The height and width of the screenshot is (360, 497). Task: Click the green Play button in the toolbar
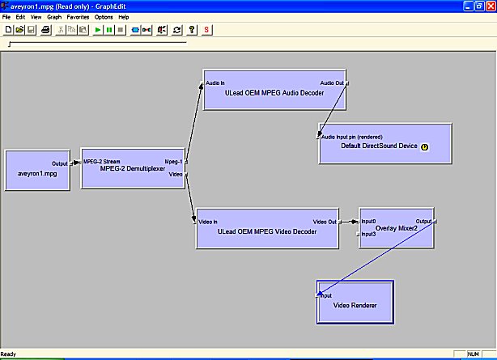(98, 30)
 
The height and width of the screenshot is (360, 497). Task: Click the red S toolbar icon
(206, 30)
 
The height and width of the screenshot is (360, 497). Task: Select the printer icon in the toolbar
(46, 30)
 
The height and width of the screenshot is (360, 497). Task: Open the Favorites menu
(78, 17)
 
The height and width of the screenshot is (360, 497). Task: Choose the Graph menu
(54, 17)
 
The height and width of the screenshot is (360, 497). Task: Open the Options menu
(104, 17)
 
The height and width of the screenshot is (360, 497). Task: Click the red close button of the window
(491, 6)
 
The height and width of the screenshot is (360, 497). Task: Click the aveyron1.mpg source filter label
(37, 174)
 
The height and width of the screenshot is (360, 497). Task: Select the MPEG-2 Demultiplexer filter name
(133, 168)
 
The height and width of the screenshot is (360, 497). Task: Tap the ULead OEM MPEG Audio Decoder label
(274, 93)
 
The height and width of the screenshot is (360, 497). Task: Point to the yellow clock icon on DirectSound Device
(424, 146)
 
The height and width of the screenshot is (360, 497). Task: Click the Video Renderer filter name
(355, 305)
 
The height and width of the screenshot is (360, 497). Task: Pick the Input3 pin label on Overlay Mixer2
(368, 234)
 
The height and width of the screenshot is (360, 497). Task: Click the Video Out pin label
(325, 222)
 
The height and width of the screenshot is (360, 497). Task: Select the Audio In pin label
(215, 83)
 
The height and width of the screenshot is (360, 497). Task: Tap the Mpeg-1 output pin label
(174, 162)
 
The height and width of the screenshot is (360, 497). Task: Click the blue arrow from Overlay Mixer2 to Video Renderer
(377, 258)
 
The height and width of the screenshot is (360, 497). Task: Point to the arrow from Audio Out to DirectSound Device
(333, 110)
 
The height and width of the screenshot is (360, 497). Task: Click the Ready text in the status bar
(8, 354)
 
